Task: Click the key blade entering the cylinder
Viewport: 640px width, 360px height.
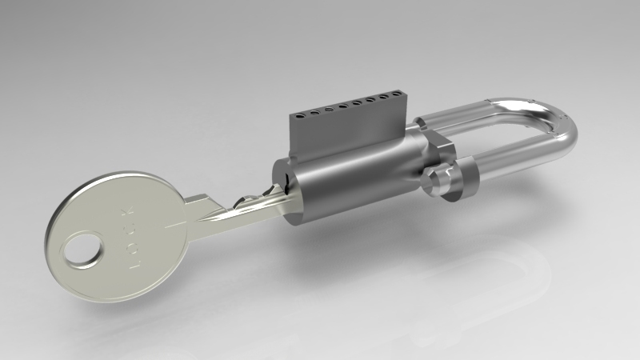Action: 240,206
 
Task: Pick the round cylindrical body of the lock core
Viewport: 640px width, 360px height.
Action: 352,176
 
